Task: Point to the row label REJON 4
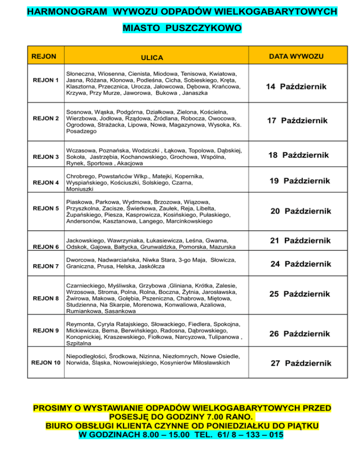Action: (x=45, y=182)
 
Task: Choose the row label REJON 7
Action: (x=45, y=266)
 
